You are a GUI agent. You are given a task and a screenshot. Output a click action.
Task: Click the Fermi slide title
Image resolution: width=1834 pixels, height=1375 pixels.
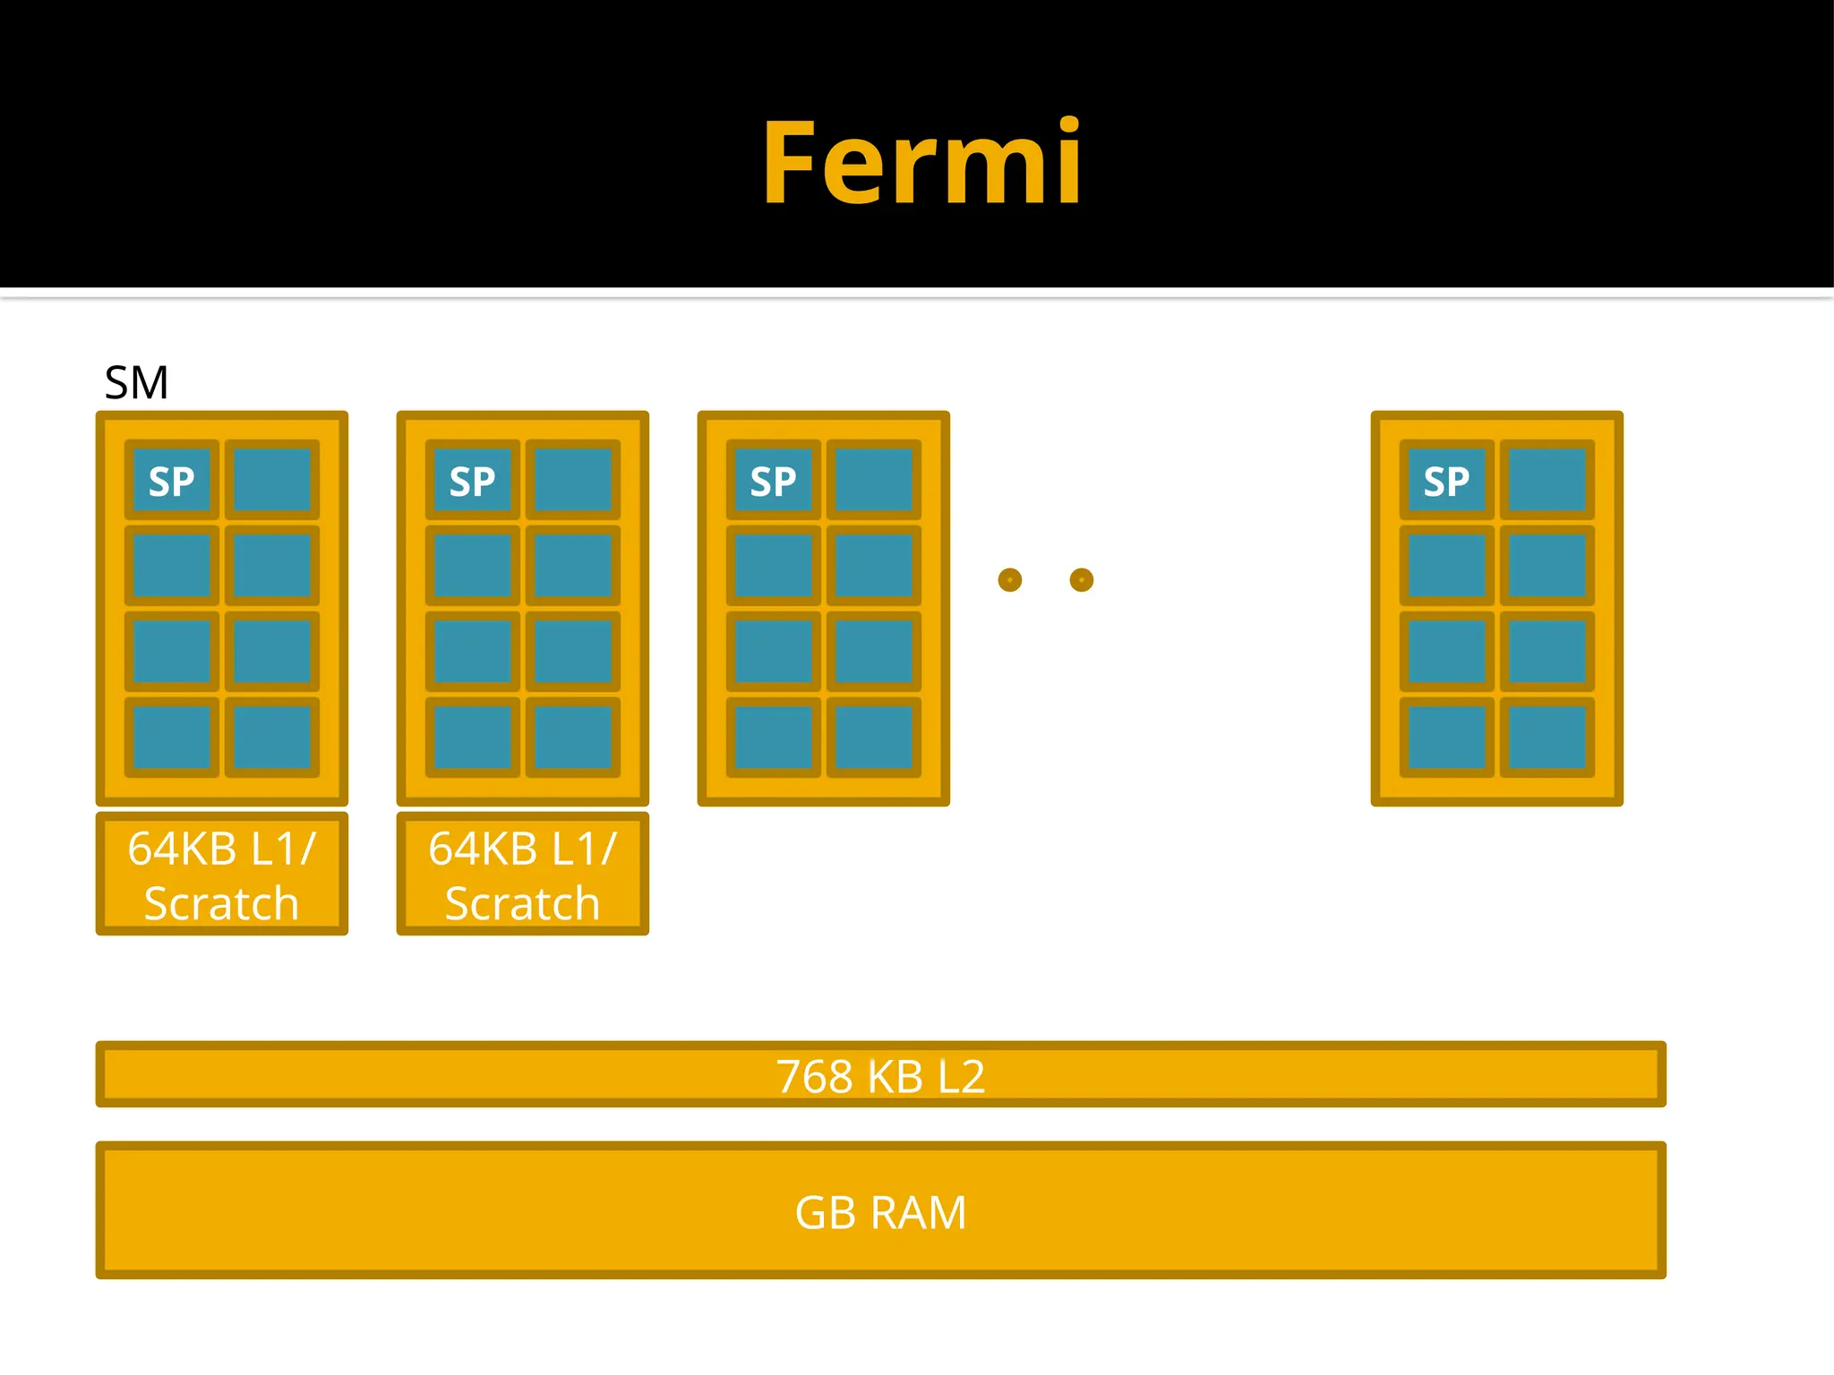(x=921, y=164)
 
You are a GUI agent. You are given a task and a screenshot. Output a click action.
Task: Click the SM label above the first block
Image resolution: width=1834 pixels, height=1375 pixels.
(x=136, y=383)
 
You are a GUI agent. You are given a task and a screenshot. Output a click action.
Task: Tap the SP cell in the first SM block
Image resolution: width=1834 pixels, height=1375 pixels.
(x=172, y=481)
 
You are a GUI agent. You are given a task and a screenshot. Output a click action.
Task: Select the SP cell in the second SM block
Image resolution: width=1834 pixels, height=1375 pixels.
(x=473, y=481)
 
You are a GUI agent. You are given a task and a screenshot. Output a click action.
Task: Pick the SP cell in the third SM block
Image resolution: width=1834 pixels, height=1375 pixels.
(x=774, y=481)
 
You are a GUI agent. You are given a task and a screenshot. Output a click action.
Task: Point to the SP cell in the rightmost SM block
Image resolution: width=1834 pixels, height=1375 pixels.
(x=1447, y=481)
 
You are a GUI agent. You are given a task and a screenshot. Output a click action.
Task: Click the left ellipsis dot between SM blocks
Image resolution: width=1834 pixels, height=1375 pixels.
(x=1009, y=580)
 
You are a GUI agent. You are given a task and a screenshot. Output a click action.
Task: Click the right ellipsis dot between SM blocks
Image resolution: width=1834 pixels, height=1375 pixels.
(x=1082, y=580)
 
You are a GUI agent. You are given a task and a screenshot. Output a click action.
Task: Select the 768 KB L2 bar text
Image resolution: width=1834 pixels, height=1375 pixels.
(x=880, y=1075)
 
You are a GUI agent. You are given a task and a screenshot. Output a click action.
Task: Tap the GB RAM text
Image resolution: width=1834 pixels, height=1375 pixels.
(x=880, y=1213)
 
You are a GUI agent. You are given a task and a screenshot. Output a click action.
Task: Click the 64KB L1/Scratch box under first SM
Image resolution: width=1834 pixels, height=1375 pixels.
(x=222, y=874)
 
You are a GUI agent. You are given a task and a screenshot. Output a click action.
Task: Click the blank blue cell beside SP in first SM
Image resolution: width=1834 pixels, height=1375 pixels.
(x=272, y=481)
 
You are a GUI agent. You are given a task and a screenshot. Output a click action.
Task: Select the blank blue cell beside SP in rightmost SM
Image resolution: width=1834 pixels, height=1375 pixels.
(x=1547, y=481)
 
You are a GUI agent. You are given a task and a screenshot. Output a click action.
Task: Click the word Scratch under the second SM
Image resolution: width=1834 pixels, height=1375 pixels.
(x=523, y=903)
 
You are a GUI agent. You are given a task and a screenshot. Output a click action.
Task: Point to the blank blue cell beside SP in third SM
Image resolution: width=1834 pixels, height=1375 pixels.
(x=874, y=481)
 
